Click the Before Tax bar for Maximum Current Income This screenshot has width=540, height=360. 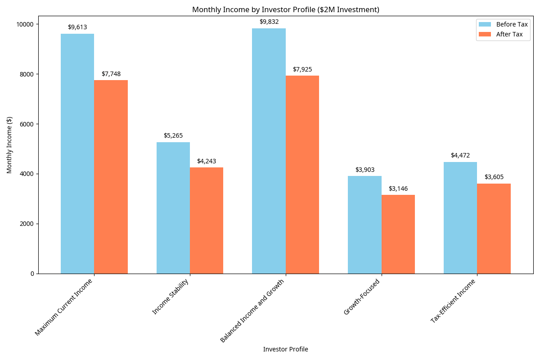coord(77,153)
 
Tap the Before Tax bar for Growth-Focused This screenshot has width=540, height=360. coord(364,225)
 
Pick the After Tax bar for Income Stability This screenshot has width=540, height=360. coord(207,220)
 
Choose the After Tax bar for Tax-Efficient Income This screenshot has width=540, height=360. coord(494,229)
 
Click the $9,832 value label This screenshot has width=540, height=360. coord(269,22)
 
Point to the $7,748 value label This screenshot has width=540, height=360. coord(111,74)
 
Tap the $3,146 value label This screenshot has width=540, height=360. coord(398,189)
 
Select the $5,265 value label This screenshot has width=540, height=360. coord(173,135)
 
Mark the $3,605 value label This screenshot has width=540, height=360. coord(494,177)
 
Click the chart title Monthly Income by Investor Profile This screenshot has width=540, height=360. coord(286,9)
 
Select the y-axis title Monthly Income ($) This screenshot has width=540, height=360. coord(9,145)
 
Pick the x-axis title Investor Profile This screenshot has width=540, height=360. coord(286,349)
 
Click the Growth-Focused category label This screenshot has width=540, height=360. coord(362,297)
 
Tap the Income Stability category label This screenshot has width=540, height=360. coord(170,297)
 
